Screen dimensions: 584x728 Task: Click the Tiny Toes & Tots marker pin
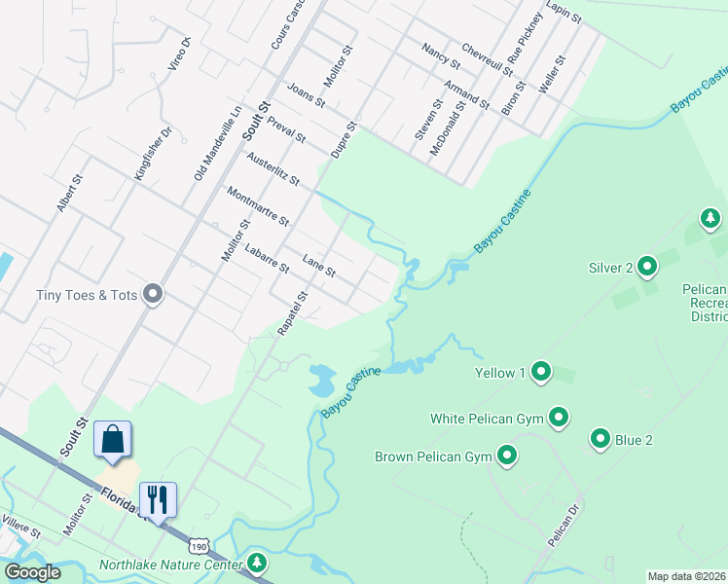point(153,294)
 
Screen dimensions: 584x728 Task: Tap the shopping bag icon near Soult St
point(113,440)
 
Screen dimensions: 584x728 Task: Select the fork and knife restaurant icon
point(157,499)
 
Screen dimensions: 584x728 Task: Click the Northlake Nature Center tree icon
point(257,564)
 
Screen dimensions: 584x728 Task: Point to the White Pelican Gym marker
point(559,419)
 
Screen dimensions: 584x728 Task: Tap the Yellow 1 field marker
point(542,372)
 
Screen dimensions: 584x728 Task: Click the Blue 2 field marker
point(601,440)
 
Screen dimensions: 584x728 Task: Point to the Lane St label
point(319,265)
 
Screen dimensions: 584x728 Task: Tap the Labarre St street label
point(267,257)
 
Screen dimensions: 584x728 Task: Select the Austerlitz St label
point(273,169)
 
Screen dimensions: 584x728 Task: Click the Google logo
point(32,572)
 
